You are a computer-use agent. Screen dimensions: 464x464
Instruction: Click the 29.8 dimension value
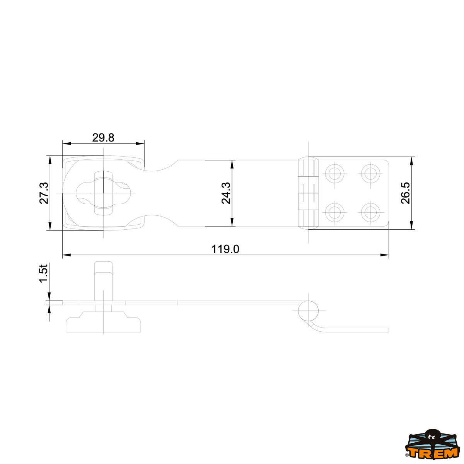tap(103, 138)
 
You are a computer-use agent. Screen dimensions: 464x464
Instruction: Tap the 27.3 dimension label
tap(44, 193)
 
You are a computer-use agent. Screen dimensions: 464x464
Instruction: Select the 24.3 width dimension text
tap(226, 193)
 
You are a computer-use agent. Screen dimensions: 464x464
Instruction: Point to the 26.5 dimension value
tap(406, 193)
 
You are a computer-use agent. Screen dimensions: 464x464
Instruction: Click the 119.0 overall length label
tap(225, 249)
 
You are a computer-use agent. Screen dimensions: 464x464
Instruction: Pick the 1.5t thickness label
tap(44, 273)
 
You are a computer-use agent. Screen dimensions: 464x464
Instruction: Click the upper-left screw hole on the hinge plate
tap(334, 173)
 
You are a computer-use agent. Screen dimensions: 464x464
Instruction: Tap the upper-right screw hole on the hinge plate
tap(370, 173)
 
